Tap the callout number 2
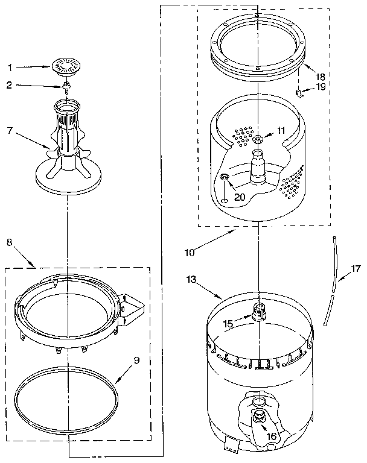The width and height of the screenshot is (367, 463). tap(10, 86)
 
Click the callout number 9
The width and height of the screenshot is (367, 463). tap(136, 361)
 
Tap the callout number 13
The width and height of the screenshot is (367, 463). tap(191, 279)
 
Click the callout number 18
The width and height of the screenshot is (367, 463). tap(320, 77)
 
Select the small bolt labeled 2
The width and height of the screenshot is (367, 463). tap(68, 85)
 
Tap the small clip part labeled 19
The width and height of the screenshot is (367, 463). tap(298, 92)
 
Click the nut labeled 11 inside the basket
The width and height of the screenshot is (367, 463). tap(258, 140)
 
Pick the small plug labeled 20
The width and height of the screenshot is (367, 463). tap(224, 177)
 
